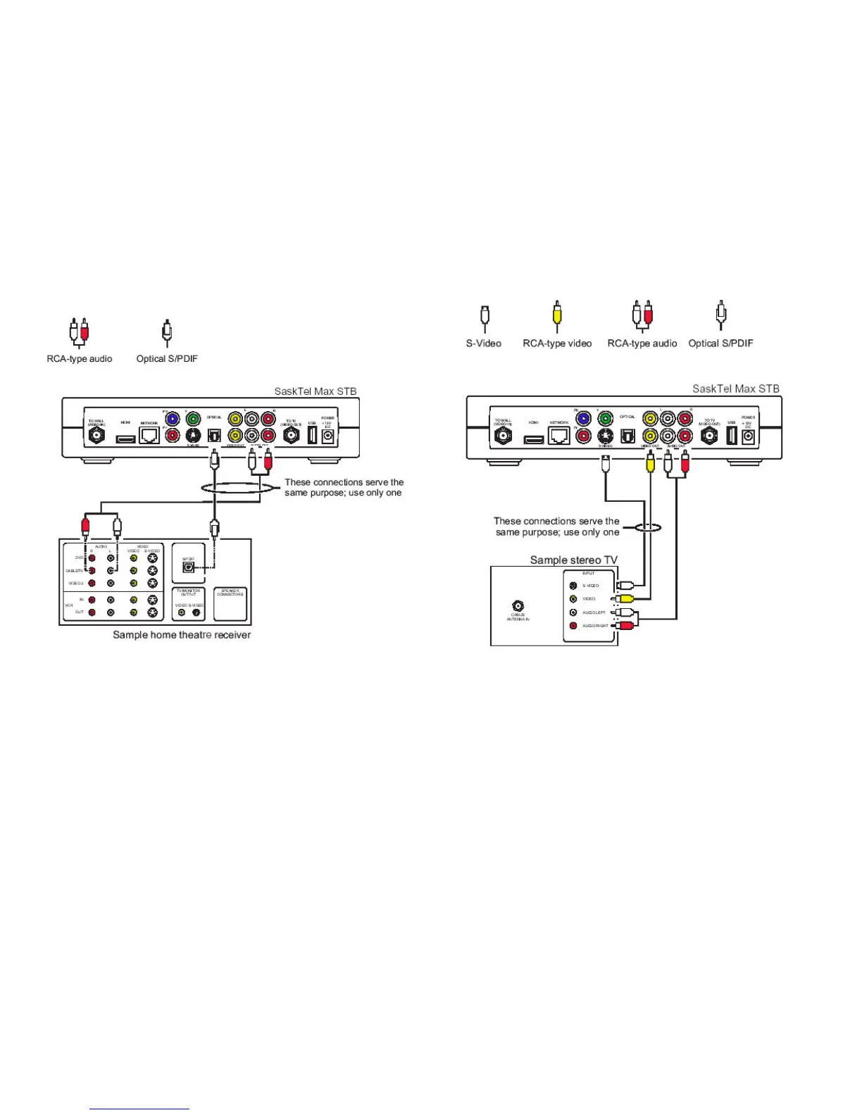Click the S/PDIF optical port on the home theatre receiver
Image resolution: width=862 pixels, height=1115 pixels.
(188, 567)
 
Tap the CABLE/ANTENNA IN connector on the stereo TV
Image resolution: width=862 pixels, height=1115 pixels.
(518, 605)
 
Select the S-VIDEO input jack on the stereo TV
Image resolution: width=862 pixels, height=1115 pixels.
(573, 586)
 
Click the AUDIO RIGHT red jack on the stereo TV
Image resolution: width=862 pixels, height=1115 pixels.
(573, 626)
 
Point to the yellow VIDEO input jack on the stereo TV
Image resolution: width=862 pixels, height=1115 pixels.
(573, 599)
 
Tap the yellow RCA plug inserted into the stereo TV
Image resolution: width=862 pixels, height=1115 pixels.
(624, 599)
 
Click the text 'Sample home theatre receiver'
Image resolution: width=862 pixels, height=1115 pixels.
(182, 635)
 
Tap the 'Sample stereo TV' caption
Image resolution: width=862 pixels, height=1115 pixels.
(573, 560)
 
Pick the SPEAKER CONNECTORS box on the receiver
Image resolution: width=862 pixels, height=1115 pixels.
(230, 604)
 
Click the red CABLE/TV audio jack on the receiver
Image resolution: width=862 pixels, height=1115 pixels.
(92, 571)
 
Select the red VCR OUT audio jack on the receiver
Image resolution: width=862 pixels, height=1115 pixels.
(92, 612)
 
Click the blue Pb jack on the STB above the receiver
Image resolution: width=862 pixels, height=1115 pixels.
(173, 420)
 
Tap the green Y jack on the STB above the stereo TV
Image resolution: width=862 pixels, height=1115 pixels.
(605, 419)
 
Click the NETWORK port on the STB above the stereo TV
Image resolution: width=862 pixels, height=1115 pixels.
(559, 436)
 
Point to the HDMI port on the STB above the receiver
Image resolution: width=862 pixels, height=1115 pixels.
(125, 439)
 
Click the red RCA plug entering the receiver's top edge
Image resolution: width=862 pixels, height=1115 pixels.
(85, 525)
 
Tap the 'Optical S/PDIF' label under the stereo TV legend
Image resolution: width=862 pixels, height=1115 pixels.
(720, 344)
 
